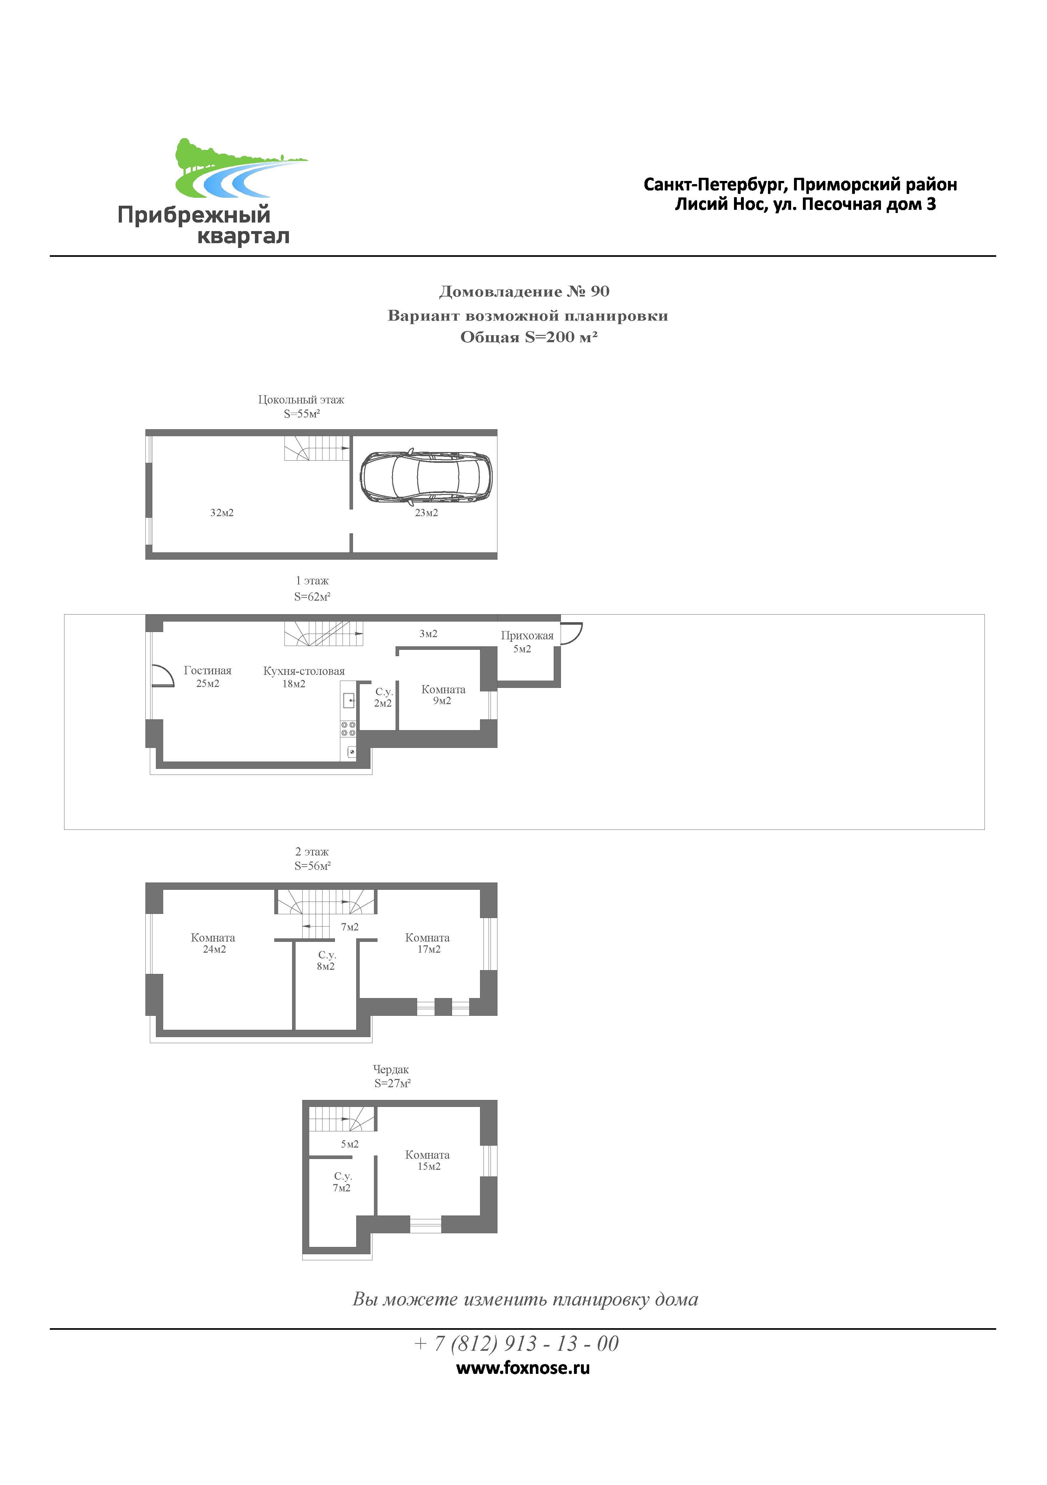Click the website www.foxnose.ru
(523, 1368)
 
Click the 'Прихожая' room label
(527, 636)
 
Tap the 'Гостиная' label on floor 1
(208, 671)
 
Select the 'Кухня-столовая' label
(304, 671)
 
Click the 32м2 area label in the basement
(222, 513)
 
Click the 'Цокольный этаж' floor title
(301, 400)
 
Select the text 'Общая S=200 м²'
(529, 337)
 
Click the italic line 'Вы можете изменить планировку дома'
(525, 1299)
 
